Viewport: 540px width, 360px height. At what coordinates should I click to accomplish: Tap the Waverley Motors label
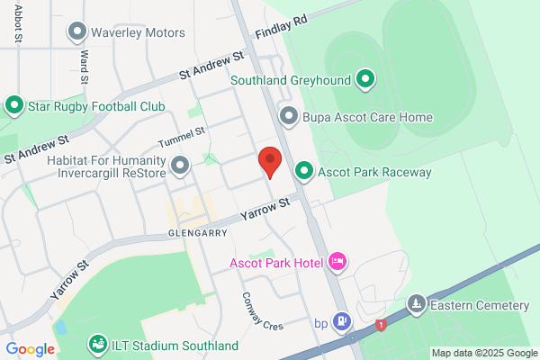click(x=138, y=32)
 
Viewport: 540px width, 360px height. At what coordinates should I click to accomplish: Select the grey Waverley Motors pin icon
click(x=76, y=32)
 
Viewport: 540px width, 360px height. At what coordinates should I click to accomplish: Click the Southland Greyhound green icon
click(x=364, y=80)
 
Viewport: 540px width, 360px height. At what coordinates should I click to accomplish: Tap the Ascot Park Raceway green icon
click(x=304, y=171)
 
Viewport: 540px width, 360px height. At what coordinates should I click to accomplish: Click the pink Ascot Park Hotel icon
click(x=338, y=263)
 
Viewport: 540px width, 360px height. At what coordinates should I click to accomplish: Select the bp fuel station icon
click(x=342, y=321)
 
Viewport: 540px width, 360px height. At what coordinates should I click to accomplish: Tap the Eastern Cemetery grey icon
click(x=416, y=305)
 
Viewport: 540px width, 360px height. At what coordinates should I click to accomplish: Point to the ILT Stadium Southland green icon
click(x=95, y=345)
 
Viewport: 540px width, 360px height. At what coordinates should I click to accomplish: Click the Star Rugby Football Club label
click(x=96, y=106)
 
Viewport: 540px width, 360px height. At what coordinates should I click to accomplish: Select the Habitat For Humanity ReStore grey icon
click(x=180, y=166)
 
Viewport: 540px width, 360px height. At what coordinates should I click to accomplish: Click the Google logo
click(x=30, y=349)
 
